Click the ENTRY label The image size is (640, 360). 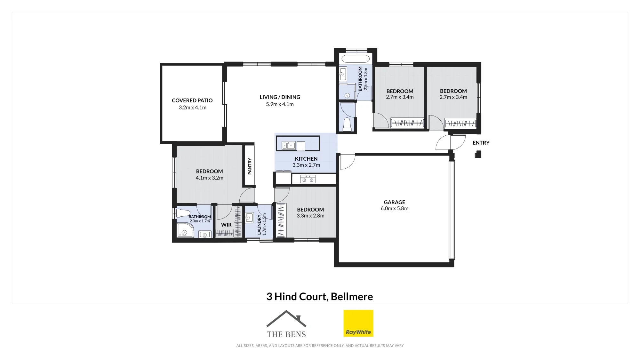pos(481,143)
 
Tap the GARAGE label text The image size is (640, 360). pos(395,202)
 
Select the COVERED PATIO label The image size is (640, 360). pos(192,100)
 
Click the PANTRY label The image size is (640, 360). pos(250,166)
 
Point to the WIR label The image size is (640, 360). pos(226,225)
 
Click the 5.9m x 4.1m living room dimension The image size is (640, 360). pos(280,104)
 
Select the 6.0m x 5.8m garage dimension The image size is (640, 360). pos(395,208)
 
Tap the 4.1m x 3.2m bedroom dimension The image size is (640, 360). pos(210,178)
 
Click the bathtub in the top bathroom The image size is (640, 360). pos(356,59)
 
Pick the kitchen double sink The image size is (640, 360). pos(288,146)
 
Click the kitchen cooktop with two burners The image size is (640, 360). pos(308,179)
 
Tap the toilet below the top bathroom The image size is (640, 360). pos(347,124)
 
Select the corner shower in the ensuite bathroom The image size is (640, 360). pos(185,230)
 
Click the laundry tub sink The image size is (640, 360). pos(249,218)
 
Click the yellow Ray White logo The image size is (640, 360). pos(358,323)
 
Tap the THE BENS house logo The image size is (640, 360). pos(286,324)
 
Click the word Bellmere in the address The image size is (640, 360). pos(352,297)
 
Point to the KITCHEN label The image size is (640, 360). pos(306,159)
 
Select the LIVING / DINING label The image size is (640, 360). pos(280,97)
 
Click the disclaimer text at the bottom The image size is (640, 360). pos(320,346)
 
